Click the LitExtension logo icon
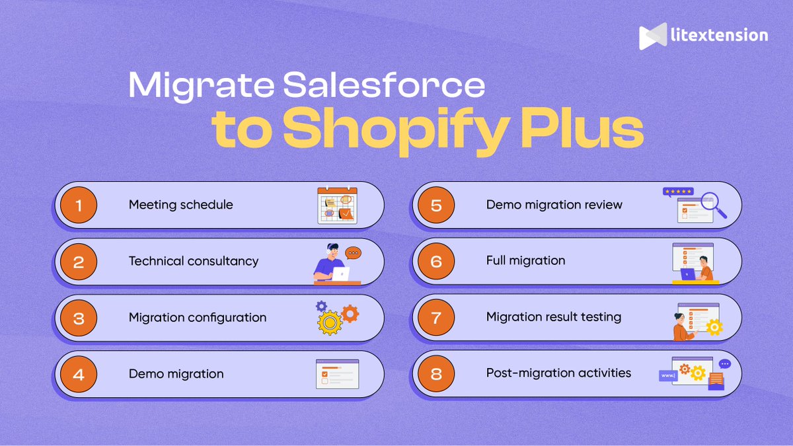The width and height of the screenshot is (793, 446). [x=652, y=36]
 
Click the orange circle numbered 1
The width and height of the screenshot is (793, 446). [x=79, y=205]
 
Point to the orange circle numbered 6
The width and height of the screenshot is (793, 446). [x=436, y=261]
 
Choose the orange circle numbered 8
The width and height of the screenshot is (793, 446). [x=436, y=374]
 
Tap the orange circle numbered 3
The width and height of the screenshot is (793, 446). [x=79, y=318]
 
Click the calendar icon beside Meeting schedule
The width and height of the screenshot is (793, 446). [x=337, y=205]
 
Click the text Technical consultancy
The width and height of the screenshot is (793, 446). [x=194, y=261]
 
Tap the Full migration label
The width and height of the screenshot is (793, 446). [x=525, y=261]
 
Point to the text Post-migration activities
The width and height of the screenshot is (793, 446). [x=558, y=373]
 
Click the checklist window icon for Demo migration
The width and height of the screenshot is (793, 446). [x=337, y=374]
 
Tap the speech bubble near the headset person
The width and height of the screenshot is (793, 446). [x=354, y=253]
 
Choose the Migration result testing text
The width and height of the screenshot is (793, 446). [x=554, y=317]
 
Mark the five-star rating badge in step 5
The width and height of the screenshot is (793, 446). [x=678, y=192]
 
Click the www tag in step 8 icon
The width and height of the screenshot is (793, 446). [x=667, y=376]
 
